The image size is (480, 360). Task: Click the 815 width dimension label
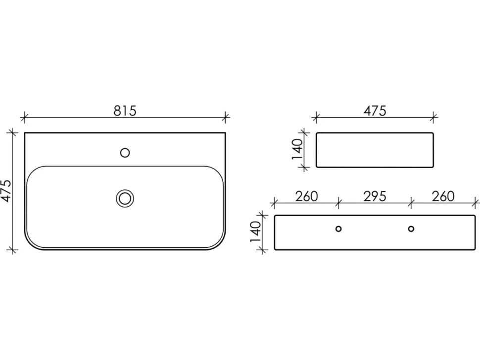click(x=125, y=111)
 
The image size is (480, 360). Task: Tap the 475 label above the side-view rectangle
click(x=375, y=111)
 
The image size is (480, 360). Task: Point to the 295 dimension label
click(x=375, y=196)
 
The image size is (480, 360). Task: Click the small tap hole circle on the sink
click(x=125, y=153)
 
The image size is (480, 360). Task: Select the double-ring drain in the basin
click(x=125, y=198)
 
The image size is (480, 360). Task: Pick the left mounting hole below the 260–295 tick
click(x=338, y=229)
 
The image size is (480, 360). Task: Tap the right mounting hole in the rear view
click(x=411, y=229)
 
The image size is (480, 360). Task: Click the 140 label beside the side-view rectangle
click(x=297, y=149)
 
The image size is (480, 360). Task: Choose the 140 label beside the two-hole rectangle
click(x=256, y=232)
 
